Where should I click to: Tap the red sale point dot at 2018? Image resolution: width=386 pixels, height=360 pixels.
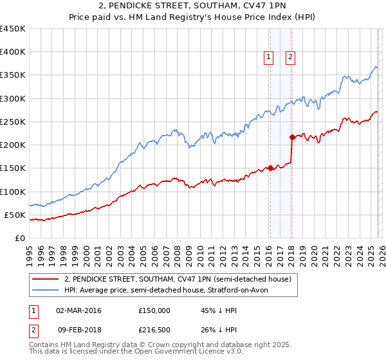pos(292,137)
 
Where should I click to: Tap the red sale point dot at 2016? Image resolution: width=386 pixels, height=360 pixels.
pos(270,168)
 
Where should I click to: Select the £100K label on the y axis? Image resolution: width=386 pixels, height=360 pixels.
pos(14,192)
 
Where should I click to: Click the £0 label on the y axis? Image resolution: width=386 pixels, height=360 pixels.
pos(20,238)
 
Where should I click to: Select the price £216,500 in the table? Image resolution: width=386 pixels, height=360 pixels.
pos(154,331)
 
